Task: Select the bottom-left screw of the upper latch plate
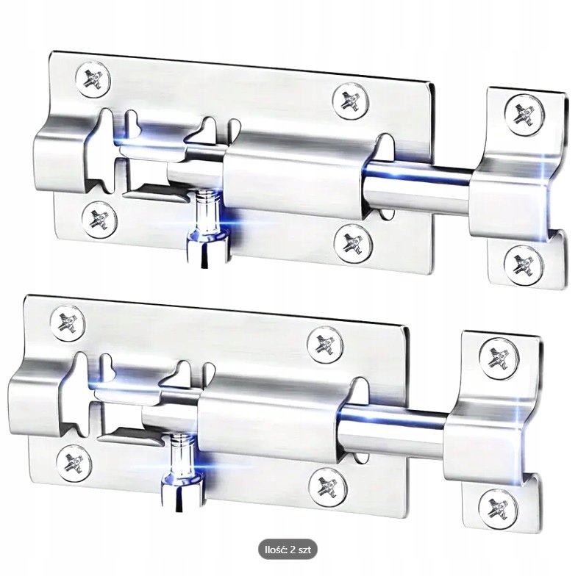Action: (x=99, y=219)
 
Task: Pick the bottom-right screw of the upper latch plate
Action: (x=353, y=242)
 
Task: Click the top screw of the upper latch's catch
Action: (x=524, y=114)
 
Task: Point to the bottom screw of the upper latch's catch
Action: (x=523, y=264)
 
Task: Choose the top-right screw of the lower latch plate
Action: (x=325, y=345)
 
